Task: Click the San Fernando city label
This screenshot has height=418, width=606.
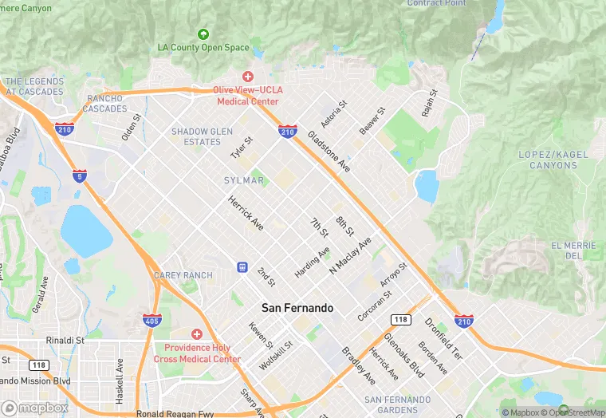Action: (x=297, y=307)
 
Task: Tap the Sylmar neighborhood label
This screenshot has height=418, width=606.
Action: (x=243, y=181)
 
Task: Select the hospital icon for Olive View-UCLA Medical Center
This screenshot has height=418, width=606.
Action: (x=247, y=76)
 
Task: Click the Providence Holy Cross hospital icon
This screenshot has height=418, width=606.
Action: (x=196, y=334)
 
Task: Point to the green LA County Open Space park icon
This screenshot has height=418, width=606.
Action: (x=203, y=34)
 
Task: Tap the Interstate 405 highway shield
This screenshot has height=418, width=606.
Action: (x=151, y=321)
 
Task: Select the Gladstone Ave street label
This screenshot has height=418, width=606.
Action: (x=329, y=152)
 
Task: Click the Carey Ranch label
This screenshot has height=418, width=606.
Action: (x=183, y=276)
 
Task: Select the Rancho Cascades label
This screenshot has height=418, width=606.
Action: (x=104, y=103)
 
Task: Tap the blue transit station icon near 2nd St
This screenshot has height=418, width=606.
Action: (x=242, y=266)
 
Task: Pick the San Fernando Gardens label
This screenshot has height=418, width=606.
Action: (x=397, y=404)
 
